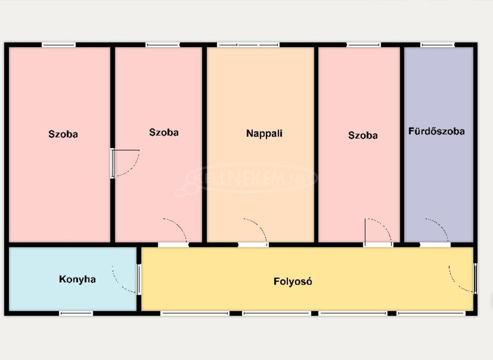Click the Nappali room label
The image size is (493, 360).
click(264, 133)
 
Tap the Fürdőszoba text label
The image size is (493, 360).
click(436, 131)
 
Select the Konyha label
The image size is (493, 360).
click(78, 279)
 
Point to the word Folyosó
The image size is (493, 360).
click(293, 281)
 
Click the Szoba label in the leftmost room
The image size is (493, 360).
click(63, 134)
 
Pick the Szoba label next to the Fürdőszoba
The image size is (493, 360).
click(363, 135)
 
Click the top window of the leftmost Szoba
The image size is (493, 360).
click(59, 45)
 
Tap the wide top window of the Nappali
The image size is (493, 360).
click(248, 45)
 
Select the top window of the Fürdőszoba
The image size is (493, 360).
click(438, 45)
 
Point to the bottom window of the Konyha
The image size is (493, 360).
click(77, 313)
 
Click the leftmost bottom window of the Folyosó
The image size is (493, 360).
click(195, 313)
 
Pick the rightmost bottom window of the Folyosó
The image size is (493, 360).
click(431, 313)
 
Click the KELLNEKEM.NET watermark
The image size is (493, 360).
click(247, 178)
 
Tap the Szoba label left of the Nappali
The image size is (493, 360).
click(164, 133)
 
